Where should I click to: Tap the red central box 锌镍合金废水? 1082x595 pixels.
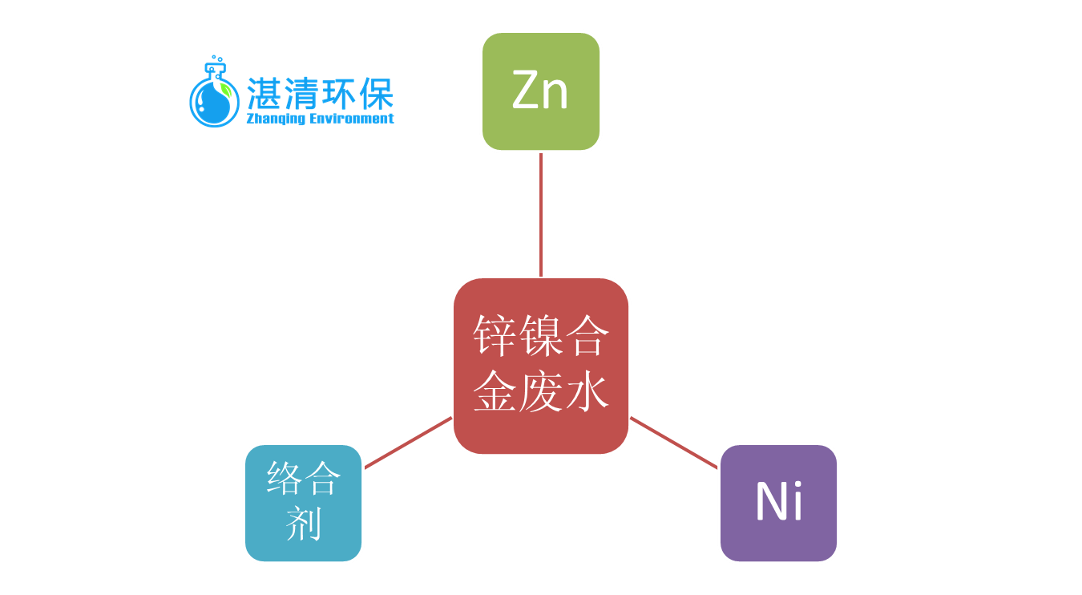[x=541, y=366]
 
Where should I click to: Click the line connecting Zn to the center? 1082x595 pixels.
[x=541, y=215]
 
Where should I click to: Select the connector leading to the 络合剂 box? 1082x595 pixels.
[x=408, y=443]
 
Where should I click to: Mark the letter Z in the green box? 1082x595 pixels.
[x=525, y=91]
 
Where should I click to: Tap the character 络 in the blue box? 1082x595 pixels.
[x=285, y=480]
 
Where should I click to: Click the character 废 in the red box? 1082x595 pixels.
[x=540, y=393]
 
